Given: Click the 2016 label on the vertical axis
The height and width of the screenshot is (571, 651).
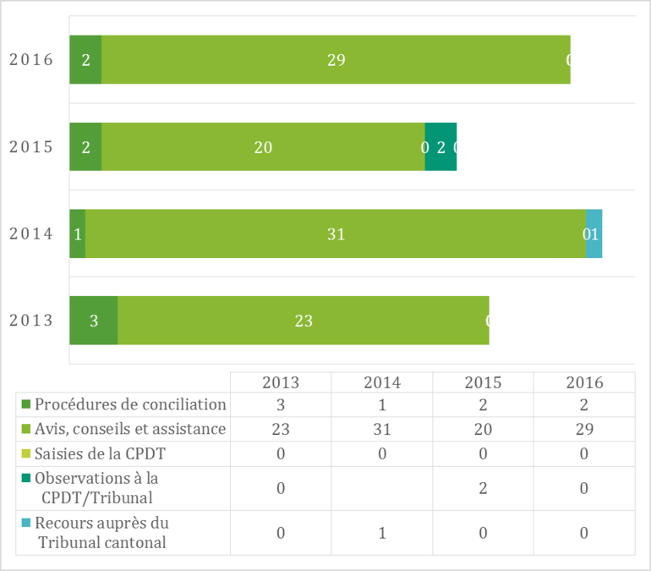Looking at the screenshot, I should pyautogui.click(x=31, y=60).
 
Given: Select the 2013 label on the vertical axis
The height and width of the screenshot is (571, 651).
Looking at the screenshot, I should pyautogui.click(x=31, y=321).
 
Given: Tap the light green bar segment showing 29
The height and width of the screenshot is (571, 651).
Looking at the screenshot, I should pyautogui.click(x=336, y=60).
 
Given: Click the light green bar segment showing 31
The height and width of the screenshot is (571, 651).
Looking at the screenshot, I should pyautogui.click(x=336, y=233).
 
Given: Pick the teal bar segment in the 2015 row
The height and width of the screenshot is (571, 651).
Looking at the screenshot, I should pyautogui.click(x=440, y=146).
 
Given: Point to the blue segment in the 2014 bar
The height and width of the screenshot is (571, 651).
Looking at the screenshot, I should pyautogui.click(x=594, y=233).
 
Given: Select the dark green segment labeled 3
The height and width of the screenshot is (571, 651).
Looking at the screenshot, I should pyautogui.click(x=93, y=321).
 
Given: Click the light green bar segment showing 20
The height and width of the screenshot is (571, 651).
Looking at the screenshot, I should pyautogui.click(x=263, y=146).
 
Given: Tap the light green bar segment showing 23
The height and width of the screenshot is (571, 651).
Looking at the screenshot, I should pyautogui.click(x=303, y=321).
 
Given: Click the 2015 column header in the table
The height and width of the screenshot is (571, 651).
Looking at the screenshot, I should pyautogui.click(x=483, y=382).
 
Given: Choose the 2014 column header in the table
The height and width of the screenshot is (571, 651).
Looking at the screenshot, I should pyautogui.click(x=382, y=382).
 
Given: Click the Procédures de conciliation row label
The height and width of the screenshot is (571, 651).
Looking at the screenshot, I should pyautogui.click(x=130, y=404).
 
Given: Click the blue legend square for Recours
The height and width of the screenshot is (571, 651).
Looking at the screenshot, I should pyautogui.click(x=25, y=523).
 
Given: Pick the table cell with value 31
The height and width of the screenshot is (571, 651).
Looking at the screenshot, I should pyautogui.click(x=382, y=429).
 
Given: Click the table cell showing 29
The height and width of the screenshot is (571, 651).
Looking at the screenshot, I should pyautogui.click(x=583, y=429).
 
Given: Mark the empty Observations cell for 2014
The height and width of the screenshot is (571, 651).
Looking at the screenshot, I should pyautogui.click(x=382, y=488).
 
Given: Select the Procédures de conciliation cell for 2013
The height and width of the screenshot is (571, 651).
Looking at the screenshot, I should pyautogui.click(x=281, y=404).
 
